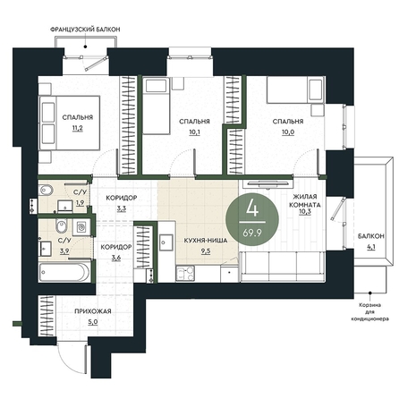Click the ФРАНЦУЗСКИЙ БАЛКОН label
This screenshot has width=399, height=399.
85,30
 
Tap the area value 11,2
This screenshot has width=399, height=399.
77,129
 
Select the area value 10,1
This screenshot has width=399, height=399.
194,132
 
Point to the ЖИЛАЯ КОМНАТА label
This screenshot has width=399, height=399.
305,200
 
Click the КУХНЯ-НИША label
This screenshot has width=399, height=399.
206,241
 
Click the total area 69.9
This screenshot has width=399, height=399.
252,233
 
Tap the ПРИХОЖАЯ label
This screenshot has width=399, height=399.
93,311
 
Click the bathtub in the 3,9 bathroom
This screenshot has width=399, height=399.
64,272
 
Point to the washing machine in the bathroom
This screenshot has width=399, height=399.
81,228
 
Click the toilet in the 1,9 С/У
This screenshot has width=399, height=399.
46,190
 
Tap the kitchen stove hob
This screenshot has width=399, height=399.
185,274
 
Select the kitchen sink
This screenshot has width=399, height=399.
166,242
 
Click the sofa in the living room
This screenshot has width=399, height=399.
282,266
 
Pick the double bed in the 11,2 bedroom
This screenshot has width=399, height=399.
69,123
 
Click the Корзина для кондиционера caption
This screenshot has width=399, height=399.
369,312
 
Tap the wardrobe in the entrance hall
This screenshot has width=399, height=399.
47,316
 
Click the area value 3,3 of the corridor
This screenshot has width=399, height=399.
122,208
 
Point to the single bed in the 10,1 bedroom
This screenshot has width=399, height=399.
156,106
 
